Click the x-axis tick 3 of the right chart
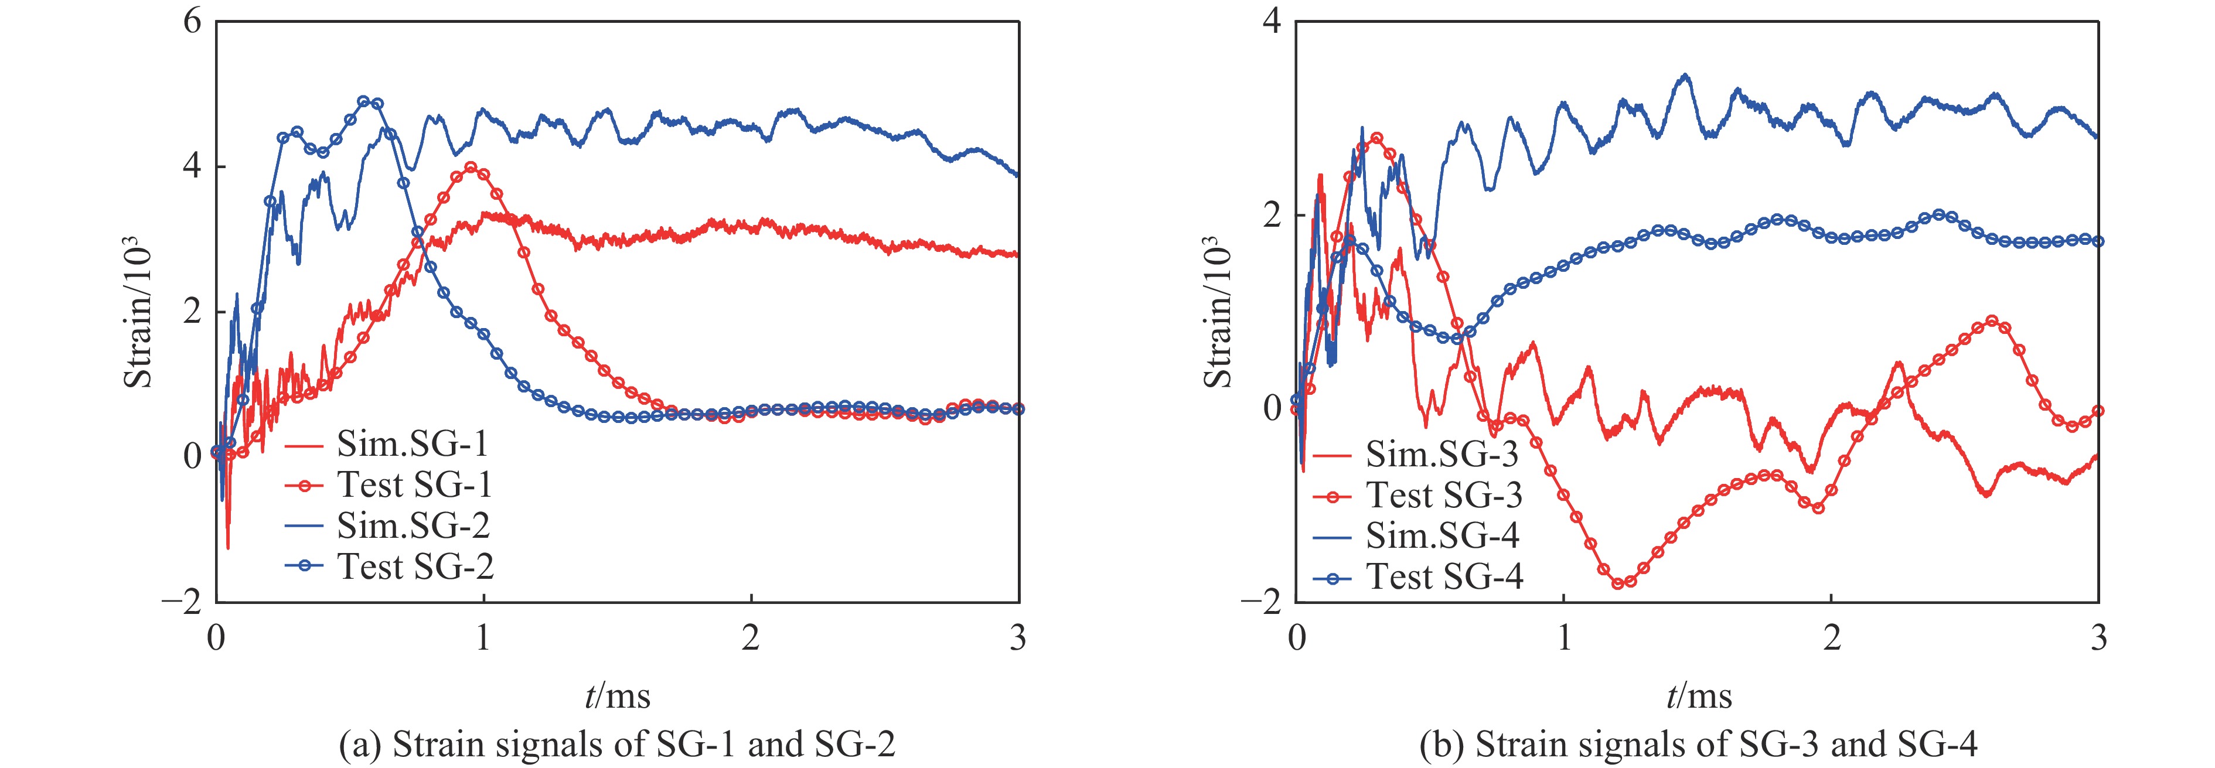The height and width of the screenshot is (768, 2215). point(2099,638)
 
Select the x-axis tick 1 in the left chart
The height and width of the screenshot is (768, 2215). point(483,638)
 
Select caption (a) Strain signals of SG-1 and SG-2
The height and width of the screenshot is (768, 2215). point(618,745)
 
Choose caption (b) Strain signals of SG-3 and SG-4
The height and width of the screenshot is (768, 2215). point(1698,745)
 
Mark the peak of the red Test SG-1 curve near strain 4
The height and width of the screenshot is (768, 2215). point(471,168)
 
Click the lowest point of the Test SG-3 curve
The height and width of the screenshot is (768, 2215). point(1619,583)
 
